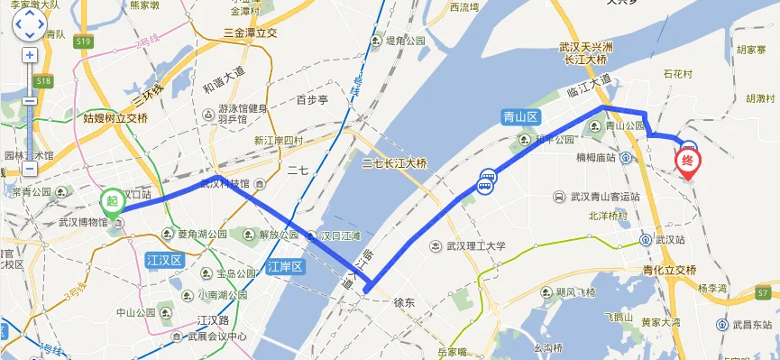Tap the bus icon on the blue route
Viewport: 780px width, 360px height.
[x=486, y=181]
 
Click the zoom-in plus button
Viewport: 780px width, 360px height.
[x=30, y=55]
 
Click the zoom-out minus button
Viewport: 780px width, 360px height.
[x=30, y=169]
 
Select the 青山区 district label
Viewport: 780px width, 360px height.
[x=520, y=117]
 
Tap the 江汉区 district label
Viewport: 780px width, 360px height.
[x=164, y=260]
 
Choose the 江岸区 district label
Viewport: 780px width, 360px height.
[x=287, y=266]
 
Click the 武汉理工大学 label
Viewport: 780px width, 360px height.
[x=474, y=245]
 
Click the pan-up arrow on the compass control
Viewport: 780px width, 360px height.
[x=30, y=14]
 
